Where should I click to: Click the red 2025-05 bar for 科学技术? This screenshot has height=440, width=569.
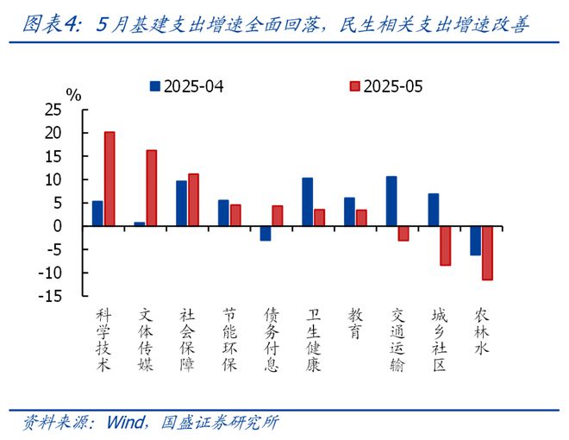pos(109,179)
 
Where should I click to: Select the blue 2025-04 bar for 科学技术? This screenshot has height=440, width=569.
pos(97,213)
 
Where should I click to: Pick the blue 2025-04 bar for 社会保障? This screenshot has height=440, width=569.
pos(182,204)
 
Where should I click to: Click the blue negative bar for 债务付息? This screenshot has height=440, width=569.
pos(266,233)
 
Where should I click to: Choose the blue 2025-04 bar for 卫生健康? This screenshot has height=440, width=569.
pos(308,202)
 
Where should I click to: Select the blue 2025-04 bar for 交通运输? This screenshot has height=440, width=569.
pos(391,201)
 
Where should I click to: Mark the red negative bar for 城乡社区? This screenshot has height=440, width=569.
pos(446,245)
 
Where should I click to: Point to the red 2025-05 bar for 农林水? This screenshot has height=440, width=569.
pos(487,253)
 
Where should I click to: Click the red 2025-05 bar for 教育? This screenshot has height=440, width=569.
pos(361,217)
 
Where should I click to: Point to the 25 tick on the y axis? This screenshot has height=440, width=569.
pos(53,110)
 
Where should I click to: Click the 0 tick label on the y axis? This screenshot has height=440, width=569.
pos(58,226)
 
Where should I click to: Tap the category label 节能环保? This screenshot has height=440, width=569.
pos(229,339)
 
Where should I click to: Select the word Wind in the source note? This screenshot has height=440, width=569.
pos(127,423)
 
